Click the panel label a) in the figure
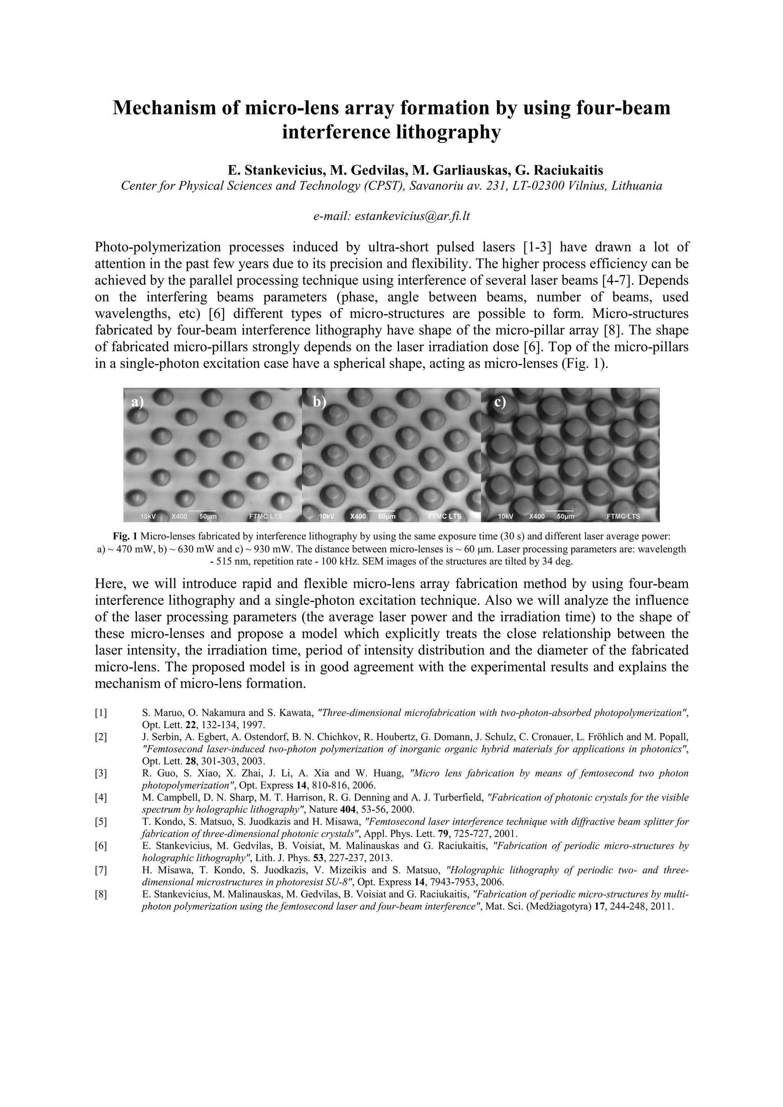(138, 403)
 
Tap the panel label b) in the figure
(319, 402)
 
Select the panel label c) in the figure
(500, 402)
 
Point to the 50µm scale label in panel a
(208, 516)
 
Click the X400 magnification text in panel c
(536, 516)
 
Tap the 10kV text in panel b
(327, 516)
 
